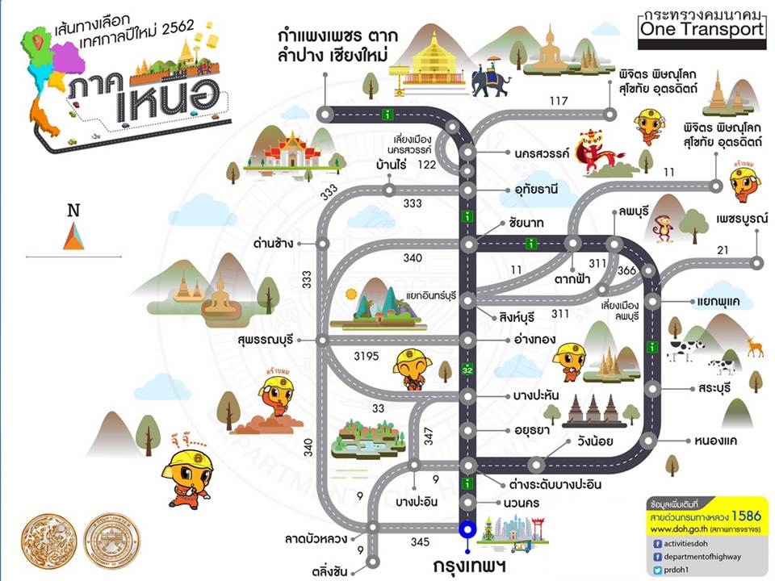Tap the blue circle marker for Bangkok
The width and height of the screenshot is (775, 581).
coord(467,530)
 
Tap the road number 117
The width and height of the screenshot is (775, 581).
coord(559,101)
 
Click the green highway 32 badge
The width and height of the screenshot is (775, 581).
coord(467,370)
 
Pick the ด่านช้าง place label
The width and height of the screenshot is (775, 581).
coord(273,243)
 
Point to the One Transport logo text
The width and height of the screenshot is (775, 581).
coord(700,29)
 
